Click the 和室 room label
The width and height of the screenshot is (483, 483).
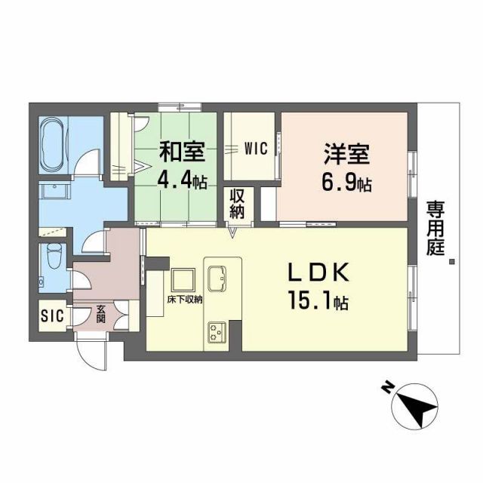(180, 152)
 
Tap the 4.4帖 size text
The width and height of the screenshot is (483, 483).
(182, 182)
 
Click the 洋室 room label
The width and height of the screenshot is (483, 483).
(346, 152)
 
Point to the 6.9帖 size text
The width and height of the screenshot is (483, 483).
(346, 182)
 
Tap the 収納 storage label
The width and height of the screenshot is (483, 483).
(238, 204)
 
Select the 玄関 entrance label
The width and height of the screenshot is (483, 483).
(101, 314)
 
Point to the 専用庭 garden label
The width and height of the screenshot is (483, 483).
(435, 227)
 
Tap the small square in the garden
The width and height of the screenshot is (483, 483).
(451, 263)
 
